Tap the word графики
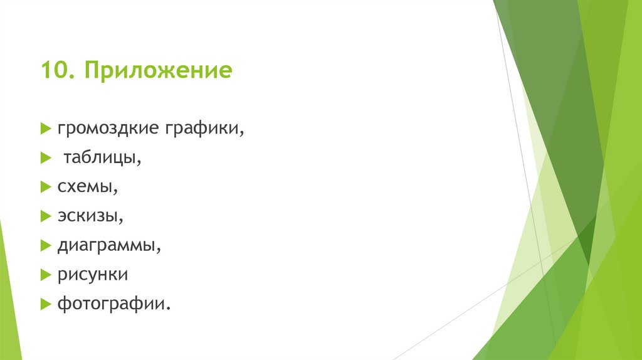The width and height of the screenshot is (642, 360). (204, 129)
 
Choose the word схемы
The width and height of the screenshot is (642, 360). (87, 187)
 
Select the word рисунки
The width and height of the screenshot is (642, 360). (93, 275)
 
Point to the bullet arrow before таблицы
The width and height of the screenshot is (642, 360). (45, 159)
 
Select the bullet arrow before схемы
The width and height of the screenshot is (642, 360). (45, 188)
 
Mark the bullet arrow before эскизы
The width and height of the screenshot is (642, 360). (45, 217)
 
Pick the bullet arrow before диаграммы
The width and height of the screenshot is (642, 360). (45, 246)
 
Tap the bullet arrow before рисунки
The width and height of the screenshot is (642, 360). (45, 275)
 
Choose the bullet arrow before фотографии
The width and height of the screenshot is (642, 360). (45, 304)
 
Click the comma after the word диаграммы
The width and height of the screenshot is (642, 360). (159, 250)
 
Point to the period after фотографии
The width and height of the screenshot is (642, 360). (169, 308)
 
